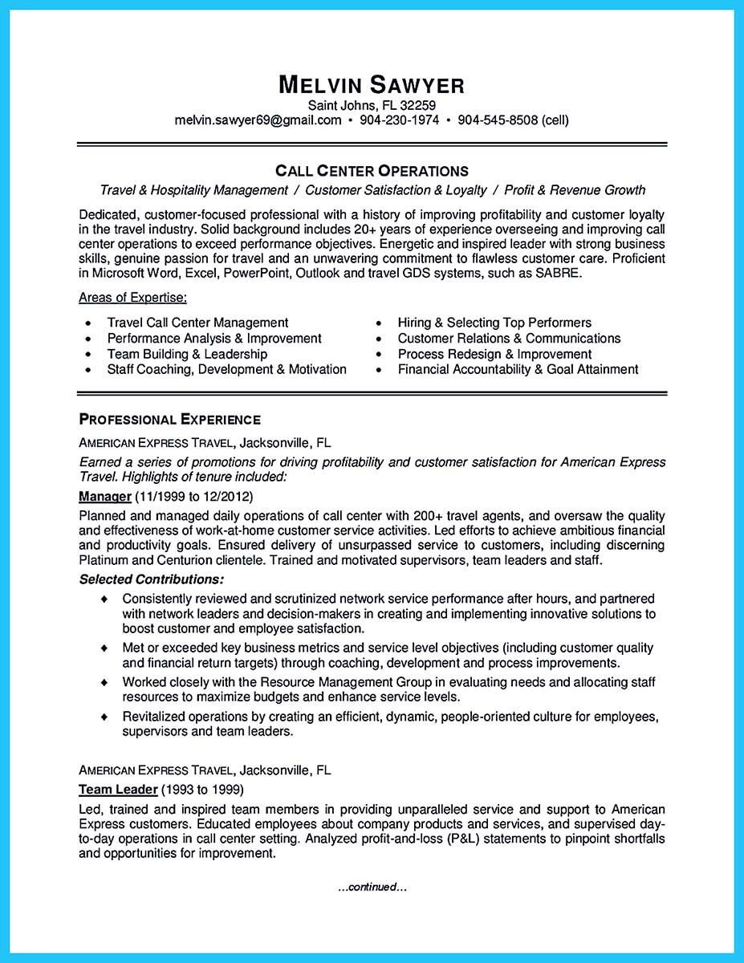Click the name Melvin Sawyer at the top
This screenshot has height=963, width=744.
pos(372,85)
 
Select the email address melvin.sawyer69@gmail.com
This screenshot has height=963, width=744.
pos(258,120)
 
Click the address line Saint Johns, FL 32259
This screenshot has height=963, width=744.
pos(372,105)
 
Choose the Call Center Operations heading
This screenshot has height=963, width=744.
pos(372,171)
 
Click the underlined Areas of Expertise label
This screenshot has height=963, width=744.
pos(132,299)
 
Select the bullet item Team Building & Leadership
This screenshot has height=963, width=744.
pos(187,354)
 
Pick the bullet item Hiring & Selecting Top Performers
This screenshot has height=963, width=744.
pos(494,323)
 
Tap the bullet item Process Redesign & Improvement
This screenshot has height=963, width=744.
pos(494,354)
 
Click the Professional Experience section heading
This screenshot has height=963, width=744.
pos(169,420)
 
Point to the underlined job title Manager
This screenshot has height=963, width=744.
pos(104,496)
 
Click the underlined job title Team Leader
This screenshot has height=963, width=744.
pos(118,789)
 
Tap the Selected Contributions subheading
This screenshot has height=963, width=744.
pos(152,579)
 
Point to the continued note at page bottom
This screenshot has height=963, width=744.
pos(372,887)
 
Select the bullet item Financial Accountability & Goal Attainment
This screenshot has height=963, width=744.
pos(518,369)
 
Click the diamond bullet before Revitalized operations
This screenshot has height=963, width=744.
pos(104,716)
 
